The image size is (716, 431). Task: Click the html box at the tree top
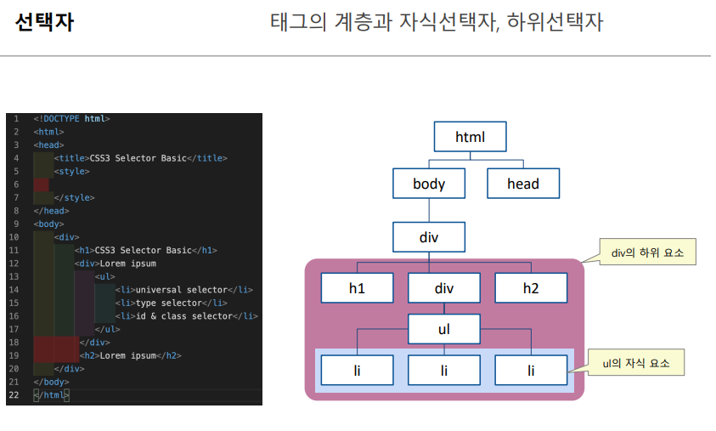tap(470, 137)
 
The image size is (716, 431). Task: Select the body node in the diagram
tap(429, 183)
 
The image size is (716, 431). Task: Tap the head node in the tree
tap(522, 183)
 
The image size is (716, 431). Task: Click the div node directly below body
tap(429, 236)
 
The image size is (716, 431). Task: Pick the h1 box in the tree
tap(357, 288)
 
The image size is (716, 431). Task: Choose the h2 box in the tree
tap(531, 288)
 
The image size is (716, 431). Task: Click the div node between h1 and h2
tap(444, 288)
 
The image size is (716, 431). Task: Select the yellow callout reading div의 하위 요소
tap(648, 252)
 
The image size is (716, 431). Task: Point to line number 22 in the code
tap(14, 395)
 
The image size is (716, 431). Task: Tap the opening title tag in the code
tap(71, 158)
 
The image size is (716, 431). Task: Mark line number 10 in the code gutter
tap(14, 237)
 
